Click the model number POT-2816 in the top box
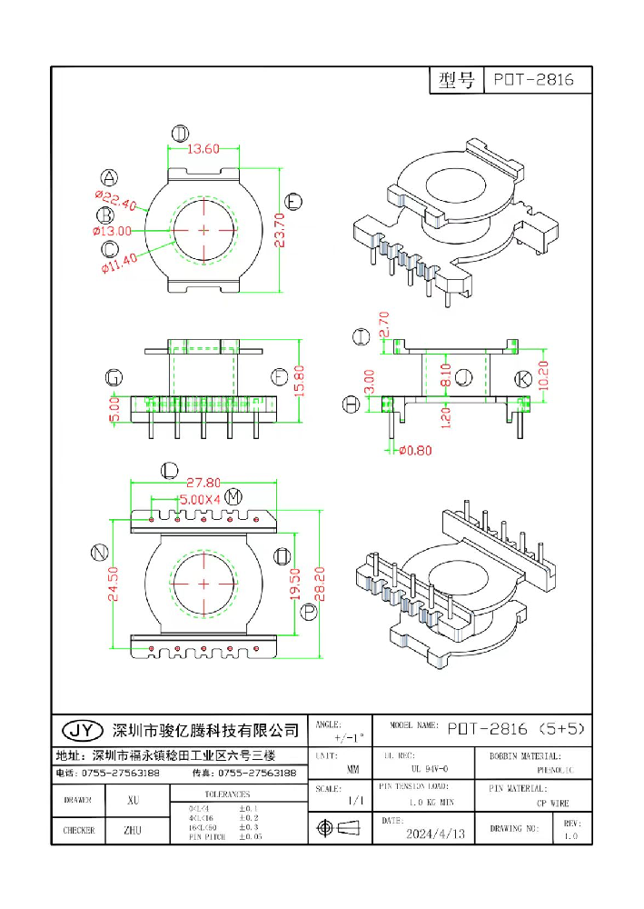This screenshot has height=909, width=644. click(x=533, y=80)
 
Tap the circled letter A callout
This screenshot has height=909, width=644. click(x=109, y=177)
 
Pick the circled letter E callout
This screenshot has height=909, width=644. click(x=293, y=201)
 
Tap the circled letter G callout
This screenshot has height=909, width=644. click(x=114, y=377)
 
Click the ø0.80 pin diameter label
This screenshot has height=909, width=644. click(x=416, y=450)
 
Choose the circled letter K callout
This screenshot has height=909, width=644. click(x=522, y=378)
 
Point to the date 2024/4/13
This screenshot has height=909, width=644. click(x=435, y=833)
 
